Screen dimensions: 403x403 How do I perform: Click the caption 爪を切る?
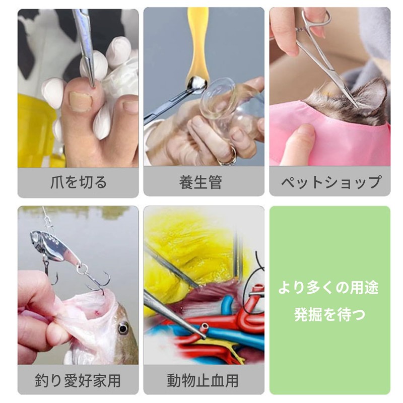click(x=78, y=182)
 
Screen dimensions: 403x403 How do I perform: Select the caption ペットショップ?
click(x=330, y=182)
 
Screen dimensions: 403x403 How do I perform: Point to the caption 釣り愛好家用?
click(x=78, y=380)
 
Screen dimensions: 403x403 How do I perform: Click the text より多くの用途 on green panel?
click(x=329, y=289)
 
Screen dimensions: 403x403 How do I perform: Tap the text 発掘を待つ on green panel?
click(x=329, y=315)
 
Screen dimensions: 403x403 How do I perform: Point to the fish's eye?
click(x=123, y=329)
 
